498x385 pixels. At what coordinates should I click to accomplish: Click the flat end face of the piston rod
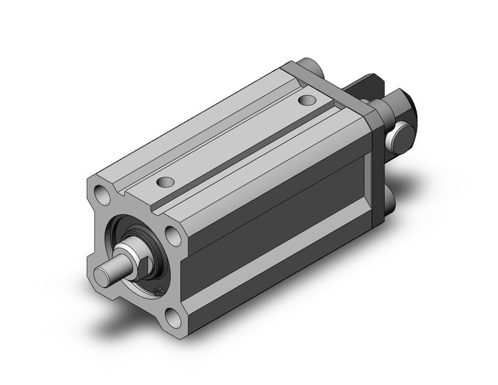tap(102, 275)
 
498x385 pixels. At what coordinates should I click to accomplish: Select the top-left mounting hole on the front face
tap(101, 193)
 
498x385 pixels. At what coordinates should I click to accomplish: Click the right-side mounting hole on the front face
tap(172, 235)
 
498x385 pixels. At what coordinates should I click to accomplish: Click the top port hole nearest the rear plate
tap(307, 100)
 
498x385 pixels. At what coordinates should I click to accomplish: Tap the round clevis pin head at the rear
tap(400, 138)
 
